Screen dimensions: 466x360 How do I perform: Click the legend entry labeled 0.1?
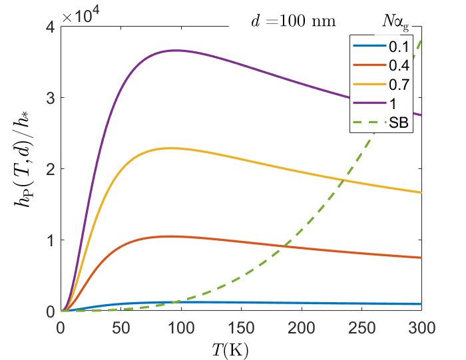coord(381,47)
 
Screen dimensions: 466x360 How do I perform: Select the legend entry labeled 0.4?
coord(381,65)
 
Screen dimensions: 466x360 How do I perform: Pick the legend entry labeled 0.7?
coord(381,85)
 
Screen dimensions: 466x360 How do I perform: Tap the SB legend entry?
coord(381,122)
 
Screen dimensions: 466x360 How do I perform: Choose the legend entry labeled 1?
coord(375,103)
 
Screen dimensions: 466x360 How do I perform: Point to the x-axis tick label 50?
coord(121,328)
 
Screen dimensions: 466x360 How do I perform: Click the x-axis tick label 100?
coord(181,328)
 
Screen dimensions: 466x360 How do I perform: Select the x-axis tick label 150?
coord(241,328)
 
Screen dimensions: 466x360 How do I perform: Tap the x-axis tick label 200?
coord(302,328)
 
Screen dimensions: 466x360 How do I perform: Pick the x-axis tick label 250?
coord(361,328)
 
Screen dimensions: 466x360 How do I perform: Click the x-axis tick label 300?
coord(421,328)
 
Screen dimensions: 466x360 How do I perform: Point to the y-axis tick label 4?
coord(51,27)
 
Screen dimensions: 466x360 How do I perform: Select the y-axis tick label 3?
coord(51,98)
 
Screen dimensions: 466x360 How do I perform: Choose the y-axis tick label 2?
coord(51,169)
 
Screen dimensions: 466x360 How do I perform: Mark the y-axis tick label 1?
coord(51,240)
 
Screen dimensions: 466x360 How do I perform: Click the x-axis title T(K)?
coord(230,350)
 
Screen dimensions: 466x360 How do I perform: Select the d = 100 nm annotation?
coord(294,21)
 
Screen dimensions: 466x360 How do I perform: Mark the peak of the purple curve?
coord(177,51)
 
